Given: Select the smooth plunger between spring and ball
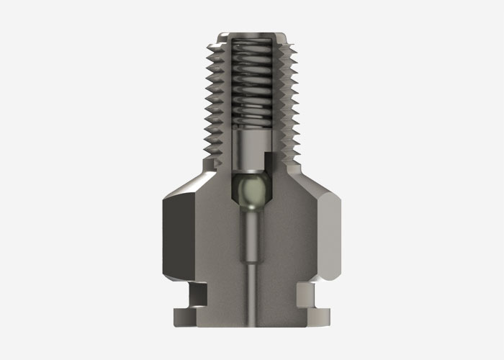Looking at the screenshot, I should (251, 151).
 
